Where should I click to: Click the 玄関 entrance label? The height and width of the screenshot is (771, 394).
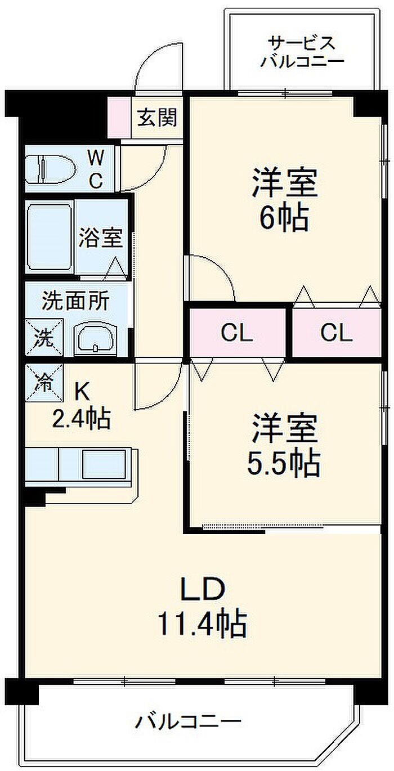(157, 118)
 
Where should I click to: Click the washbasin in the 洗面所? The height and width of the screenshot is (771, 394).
(96, 338)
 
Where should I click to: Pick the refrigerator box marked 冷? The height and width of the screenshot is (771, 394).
(44, 383)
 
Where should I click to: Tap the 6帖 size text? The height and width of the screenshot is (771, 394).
(284, 218)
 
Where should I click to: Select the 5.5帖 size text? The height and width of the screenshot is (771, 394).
(284, 464)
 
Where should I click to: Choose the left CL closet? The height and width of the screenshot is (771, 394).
(238, 333)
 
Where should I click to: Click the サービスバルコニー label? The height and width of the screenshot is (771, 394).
(302, 52)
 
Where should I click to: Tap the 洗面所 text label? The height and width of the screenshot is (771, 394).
(75, 301)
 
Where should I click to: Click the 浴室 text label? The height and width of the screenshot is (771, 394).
(101, 237)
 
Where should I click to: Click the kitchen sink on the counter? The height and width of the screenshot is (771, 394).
(104, 464)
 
